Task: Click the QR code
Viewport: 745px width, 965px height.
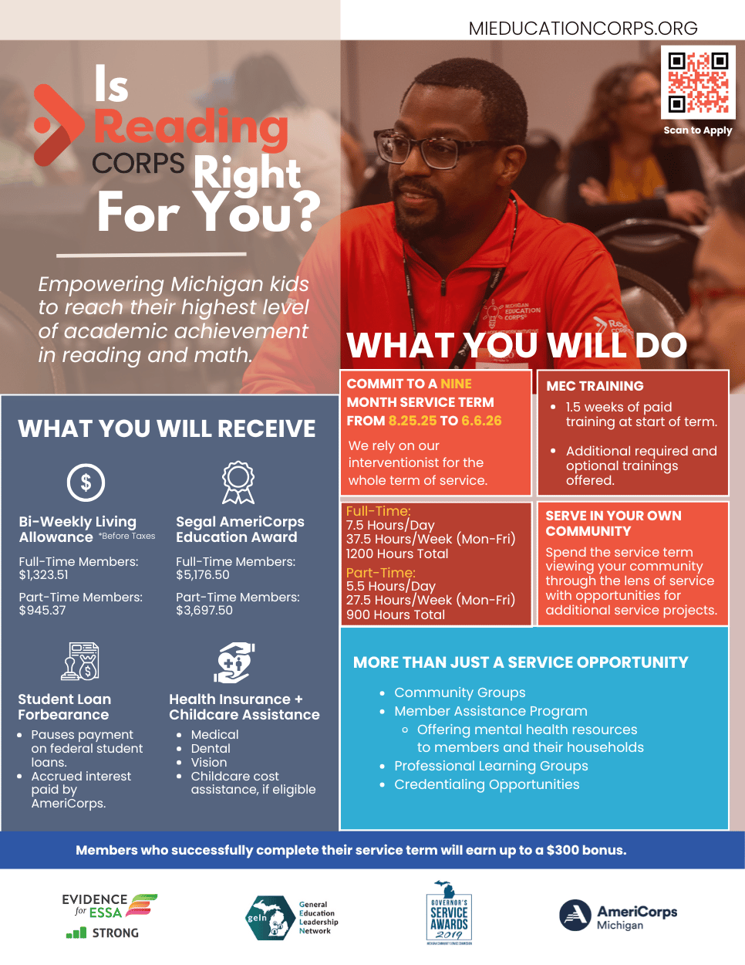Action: (x=698, y=82)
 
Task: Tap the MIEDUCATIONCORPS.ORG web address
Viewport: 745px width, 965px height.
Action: (x=583, y=29)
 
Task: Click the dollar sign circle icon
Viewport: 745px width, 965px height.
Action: (x=86, y=482)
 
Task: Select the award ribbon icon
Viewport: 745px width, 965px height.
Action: (x=238, y=482)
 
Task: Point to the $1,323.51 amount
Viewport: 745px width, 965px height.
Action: (x=43, y=574)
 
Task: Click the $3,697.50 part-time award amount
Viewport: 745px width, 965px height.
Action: (x=204, y=610)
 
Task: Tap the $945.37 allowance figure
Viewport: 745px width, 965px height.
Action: (x=42, y=610)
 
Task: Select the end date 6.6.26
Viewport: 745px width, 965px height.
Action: (x=481, y=421)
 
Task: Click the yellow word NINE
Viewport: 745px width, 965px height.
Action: (x=456, y=384)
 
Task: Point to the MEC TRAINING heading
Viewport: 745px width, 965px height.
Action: (x=595, y=386)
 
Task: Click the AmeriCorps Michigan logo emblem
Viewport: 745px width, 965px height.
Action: (x=575, y=915)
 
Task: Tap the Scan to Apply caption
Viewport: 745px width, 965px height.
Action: (x=697, y=130)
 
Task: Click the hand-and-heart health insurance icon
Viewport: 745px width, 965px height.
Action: (x=234, y=662)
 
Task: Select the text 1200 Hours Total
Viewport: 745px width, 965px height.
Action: (x=397, y=554)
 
